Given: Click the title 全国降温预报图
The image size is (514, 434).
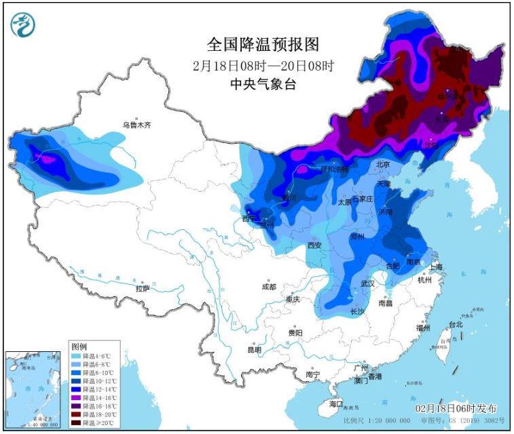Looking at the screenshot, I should click(263, 45).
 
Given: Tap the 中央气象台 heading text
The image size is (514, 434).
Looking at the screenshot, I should click(263, 85).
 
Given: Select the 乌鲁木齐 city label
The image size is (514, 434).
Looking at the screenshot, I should click(136, 125).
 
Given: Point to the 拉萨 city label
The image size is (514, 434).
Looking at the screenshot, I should click(143, 288).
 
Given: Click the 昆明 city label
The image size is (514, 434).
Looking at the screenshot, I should click(254, 350).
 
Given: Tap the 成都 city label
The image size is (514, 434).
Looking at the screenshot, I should click(270, 287).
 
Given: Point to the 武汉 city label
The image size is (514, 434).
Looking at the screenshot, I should click(368, 283).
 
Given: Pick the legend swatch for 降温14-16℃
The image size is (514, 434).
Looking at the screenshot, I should click(75, 398).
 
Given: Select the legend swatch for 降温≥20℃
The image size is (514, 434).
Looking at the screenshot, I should click(75, 422).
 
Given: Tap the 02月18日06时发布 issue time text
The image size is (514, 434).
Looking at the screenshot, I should click(456, 409).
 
